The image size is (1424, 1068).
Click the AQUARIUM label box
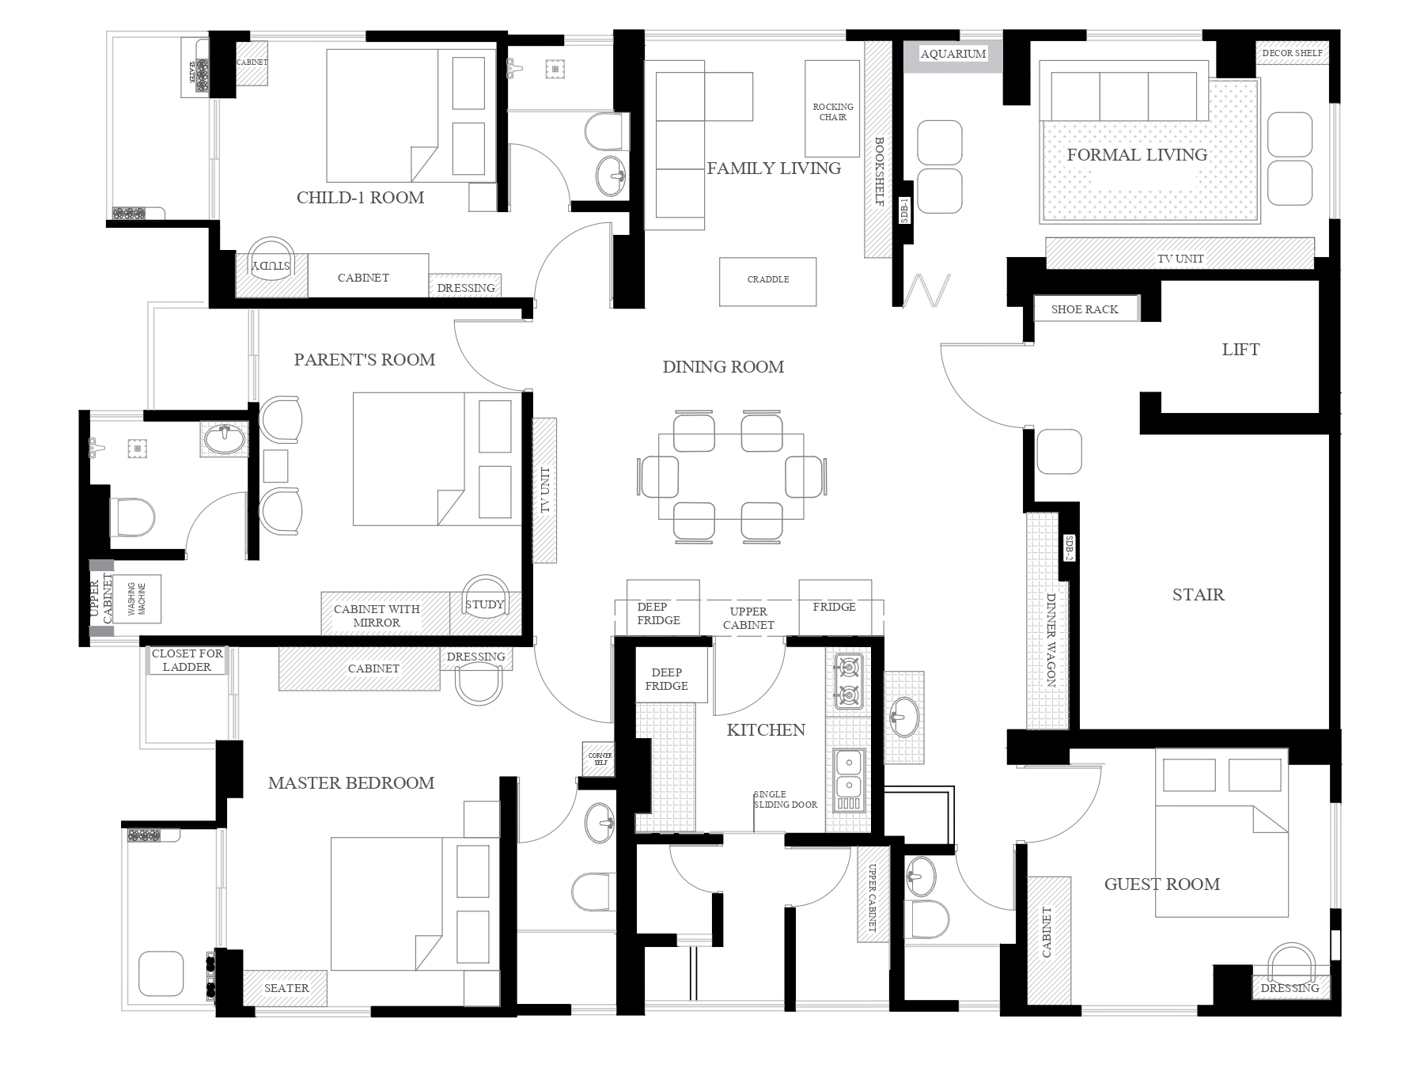pos(952,54)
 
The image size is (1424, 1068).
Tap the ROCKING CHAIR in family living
pos(832,108)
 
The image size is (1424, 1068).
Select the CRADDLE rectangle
pos(767,282)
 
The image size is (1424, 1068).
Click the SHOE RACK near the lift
pos(1085,309)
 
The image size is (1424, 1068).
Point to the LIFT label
pos(1240,350)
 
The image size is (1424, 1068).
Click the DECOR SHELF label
pos(1292,53)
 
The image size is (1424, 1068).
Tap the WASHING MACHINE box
pos(137,600)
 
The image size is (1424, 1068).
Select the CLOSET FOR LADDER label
pos(187,660)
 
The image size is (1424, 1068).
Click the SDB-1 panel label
pos(905,210)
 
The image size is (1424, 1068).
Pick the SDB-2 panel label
pos(1069,547)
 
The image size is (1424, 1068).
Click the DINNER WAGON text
pos(1051,639)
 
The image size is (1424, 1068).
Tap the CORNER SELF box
pos(599,759)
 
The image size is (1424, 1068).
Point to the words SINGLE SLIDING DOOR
pos(786,799)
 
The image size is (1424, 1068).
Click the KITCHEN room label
pos(766,729)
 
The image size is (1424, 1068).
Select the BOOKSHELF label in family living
pos(879,172)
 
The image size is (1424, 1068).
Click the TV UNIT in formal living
pos(1180,258)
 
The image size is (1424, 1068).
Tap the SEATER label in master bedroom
pos(286,988)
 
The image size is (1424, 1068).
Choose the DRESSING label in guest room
pos(1290,988)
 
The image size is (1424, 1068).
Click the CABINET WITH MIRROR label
pos(377,615)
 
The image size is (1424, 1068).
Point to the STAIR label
pos(1198,595)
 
